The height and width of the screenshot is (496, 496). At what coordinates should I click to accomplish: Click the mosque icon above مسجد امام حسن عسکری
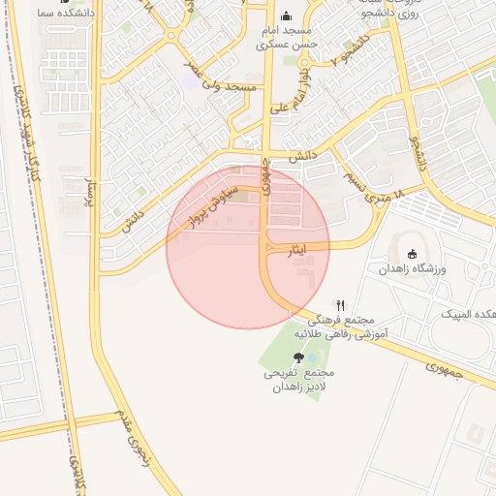(285, 16)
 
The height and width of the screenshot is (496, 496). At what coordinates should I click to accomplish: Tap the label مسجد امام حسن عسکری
(285, 37)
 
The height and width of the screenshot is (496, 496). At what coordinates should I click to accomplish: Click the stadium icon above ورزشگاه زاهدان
(413, 255)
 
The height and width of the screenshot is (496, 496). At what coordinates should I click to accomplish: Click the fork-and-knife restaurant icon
(340, 304)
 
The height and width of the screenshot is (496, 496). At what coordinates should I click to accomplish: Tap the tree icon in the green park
(297, 357)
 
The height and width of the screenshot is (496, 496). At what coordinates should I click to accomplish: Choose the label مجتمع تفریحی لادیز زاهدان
(297, 380)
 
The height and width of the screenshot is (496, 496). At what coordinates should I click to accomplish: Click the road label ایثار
(298, 250)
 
